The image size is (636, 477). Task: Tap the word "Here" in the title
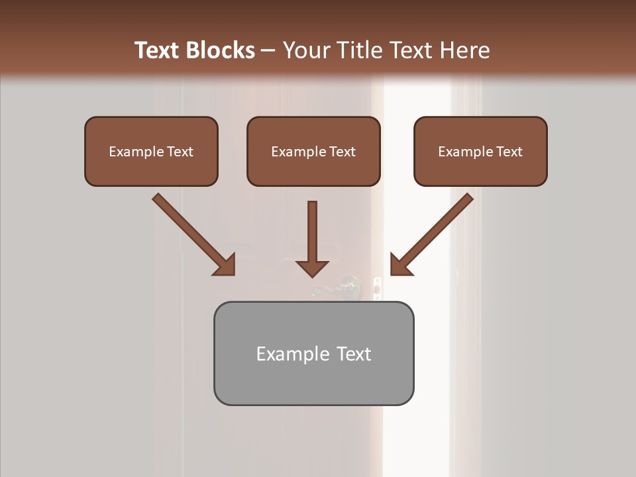click(465, 50)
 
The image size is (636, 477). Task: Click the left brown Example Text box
click(151, 151)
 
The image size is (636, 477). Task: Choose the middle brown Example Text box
click(313, 151)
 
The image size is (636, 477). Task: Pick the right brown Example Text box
click(480, 151)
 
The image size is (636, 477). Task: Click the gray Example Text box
click(313, 353)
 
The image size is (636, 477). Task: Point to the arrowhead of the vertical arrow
click(312, 268)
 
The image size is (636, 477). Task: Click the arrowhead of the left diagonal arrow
click(225, 265)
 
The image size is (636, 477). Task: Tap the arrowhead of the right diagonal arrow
click(400, 265)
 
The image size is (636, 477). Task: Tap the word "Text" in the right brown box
click(509, 152)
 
